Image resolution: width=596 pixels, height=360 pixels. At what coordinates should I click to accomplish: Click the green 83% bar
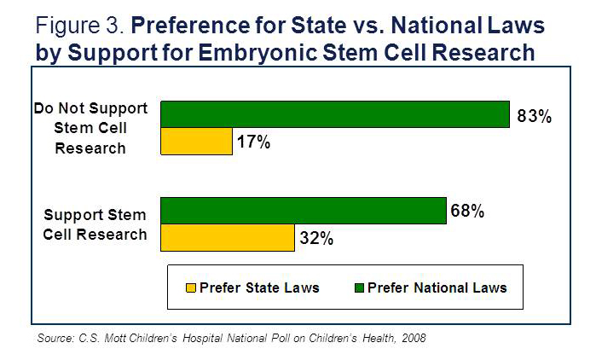[x=335, y=114]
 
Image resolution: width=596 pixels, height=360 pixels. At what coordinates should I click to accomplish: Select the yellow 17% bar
[x=196, y=141]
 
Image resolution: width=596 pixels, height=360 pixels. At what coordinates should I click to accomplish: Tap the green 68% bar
[x=304, y=211]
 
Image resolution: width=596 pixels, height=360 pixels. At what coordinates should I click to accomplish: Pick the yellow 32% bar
[x=228, y=238]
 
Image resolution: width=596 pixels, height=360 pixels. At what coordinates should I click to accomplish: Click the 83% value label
[x=535, y=116]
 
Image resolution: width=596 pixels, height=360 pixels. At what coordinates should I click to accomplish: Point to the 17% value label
[x=253, y=142]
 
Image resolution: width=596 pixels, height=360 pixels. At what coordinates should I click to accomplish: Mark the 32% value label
[x=316, y=239]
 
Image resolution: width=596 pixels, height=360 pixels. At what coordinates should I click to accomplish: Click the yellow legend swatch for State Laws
[x=191, y=287]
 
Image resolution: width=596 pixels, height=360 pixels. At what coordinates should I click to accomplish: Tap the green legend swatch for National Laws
[x=358, y=287]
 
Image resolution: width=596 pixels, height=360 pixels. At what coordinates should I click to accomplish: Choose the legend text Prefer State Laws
[x=259, y=287]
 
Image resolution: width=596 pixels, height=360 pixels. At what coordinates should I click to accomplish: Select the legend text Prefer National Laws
[x=437, y=287]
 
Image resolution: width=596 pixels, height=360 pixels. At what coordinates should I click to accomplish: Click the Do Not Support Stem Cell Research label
[x=91, y=128]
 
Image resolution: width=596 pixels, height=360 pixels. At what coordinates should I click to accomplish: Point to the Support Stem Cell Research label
[x=95, y=224]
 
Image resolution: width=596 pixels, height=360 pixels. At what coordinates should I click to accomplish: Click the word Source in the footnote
[x=56, y=339]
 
